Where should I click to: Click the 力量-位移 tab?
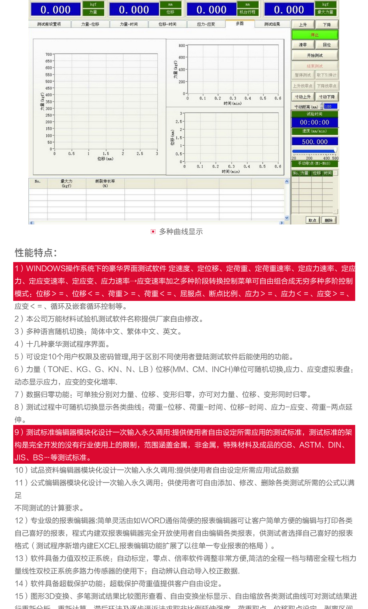[x=90, y=24]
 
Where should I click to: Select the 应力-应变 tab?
[x=206, y=24]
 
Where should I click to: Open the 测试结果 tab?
[x=272, y=24]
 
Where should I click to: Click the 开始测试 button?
[x=315, y=55]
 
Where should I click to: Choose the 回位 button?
[x=327, y=45]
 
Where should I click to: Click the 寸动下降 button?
[x=327, y=97]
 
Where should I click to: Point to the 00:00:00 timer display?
[x=314, y=122]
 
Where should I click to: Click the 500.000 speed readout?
[x=314, y=142]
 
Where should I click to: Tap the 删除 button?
[x=329, y=220]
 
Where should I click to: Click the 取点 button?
[x=312, y=220]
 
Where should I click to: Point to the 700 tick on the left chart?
[x=48, y=54]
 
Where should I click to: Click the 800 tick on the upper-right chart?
[x=182, y=46]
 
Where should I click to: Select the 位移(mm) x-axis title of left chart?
[x=105, y=159]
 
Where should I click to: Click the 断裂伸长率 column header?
[x=105, y=183]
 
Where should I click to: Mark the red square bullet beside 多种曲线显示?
[x=153, y=232]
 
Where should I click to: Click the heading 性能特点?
[x=36, y=253]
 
